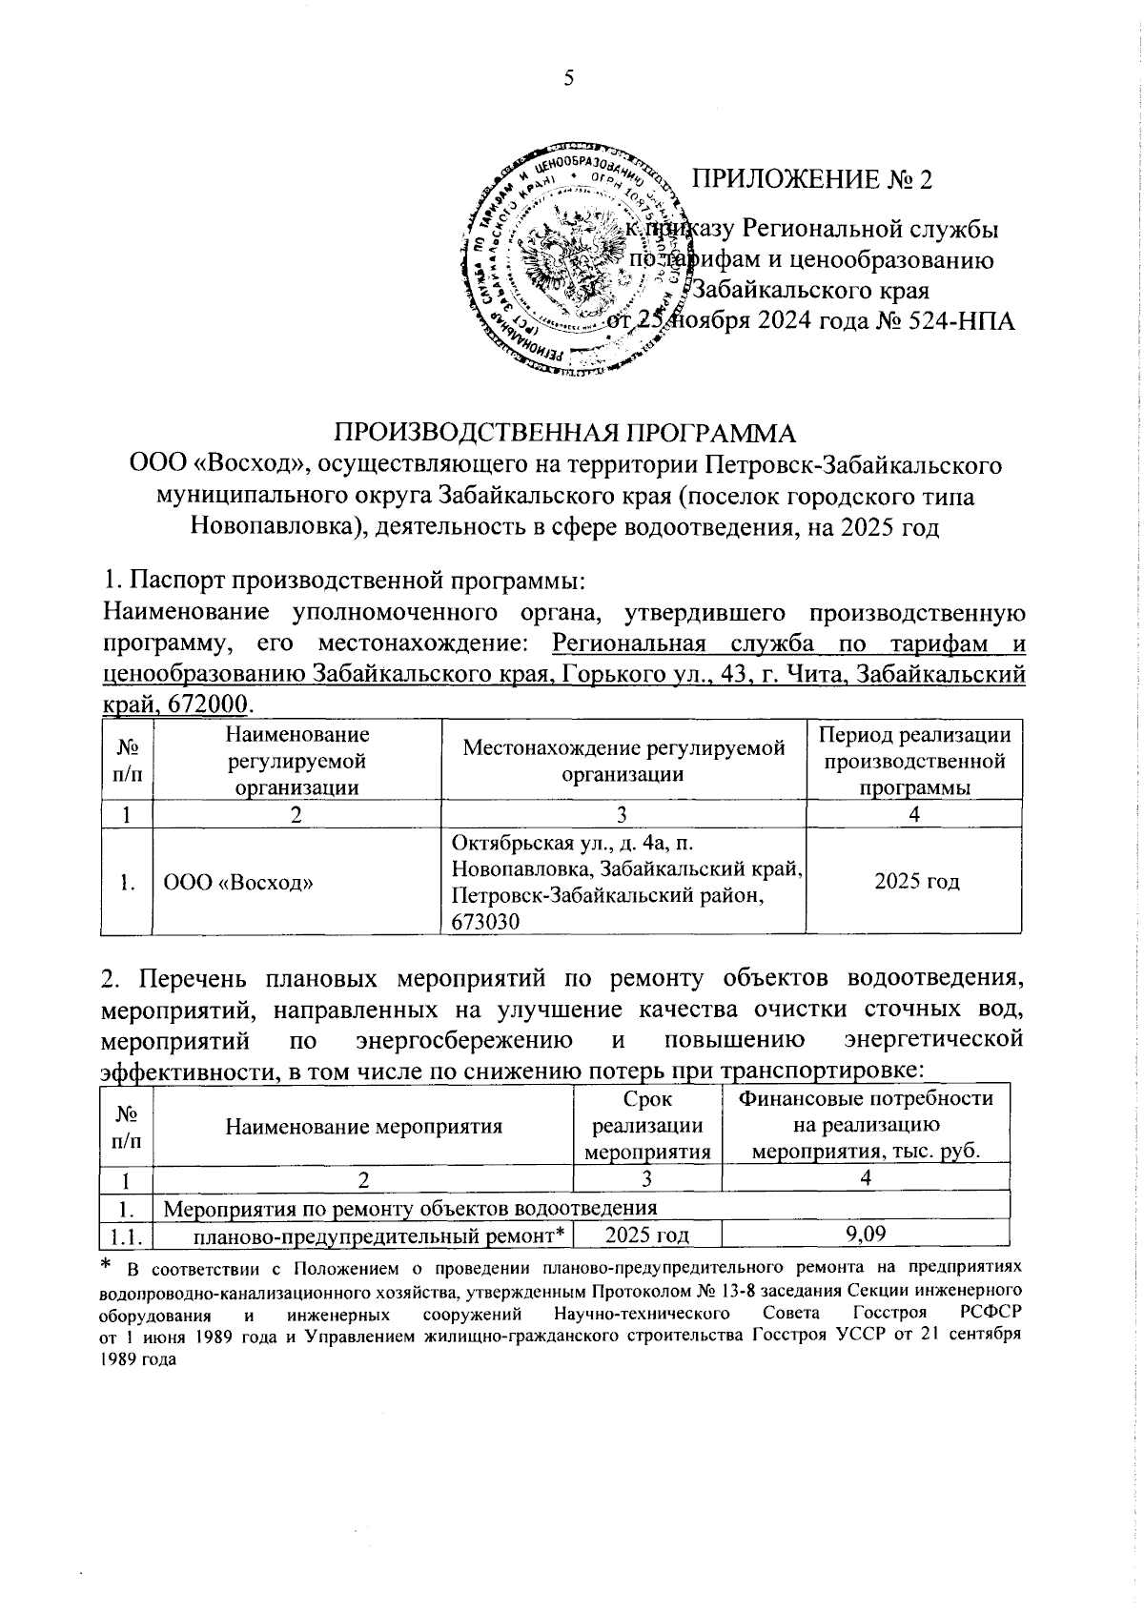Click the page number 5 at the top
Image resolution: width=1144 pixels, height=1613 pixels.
[x=568, y=78]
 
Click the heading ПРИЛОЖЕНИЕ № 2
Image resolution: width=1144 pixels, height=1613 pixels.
[x=810, y=178]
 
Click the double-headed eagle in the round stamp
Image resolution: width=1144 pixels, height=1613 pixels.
[x=568, y=254]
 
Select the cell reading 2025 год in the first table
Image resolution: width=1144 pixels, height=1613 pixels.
[x=914, y=882]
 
